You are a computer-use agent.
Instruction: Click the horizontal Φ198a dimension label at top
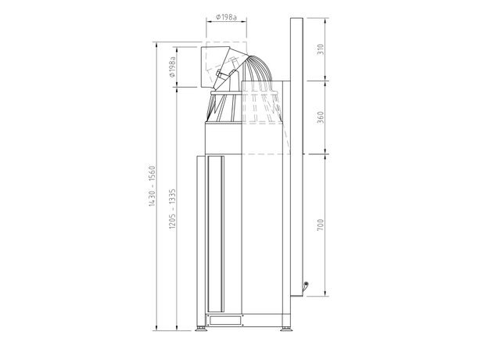coord(226,16)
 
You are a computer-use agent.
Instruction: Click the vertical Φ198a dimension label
coord(172,67)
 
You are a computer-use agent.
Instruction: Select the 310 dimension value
coord(321,49)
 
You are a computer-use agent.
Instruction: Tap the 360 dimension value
coord(321,117)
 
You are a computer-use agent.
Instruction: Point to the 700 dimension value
coord(321,225)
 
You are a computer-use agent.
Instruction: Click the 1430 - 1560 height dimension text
coord(152,186)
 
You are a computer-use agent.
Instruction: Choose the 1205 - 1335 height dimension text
coord(172,209)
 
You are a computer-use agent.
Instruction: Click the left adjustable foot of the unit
coord(201,329)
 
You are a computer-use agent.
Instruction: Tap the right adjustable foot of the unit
coord(285,329)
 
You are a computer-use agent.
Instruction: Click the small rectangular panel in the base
coord(225,320)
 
